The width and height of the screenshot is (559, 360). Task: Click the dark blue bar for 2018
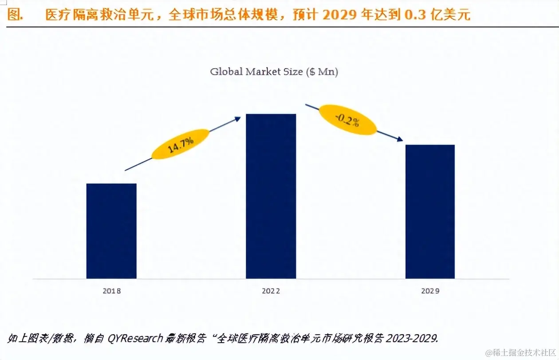click(111, 231)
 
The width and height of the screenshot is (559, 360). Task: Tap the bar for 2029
click(430, 211)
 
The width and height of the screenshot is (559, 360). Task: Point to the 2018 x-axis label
click(111, 291)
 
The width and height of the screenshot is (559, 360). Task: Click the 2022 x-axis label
click(271, 291)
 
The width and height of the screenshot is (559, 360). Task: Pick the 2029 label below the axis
click(430, 291)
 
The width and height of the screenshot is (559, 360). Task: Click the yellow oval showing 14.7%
click(180, 145)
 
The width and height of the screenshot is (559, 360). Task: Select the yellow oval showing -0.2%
click(348, 120)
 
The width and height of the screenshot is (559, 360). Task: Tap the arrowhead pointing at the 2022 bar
click(238, 118)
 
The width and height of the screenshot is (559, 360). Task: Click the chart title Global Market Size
click(257, 72)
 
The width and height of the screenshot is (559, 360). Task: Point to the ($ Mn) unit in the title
click(322, 72)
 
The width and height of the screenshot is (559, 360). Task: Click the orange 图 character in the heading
click(15, 15)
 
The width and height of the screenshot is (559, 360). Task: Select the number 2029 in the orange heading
click(339, 15)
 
